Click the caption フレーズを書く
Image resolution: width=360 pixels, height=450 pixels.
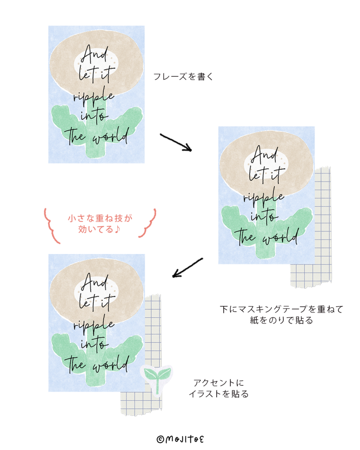click(x=183, y=76)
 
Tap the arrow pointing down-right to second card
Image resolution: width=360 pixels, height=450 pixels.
click(x=176, y=142)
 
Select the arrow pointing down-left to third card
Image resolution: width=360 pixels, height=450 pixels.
click(x=187, y=268)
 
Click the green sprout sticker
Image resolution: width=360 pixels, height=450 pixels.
click(x=157, y=379)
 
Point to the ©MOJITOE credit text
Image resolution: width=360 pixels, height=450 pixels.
click(x=180, y=439)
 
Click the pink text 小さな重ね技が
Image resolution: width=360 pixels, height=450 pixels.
click(x=100, y=218)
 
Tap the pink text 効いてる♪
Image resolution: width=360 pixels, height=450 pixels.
click(x=99, y=229)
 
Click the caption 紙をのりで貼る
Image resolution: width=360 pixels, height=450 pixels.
click(x=281, y=320)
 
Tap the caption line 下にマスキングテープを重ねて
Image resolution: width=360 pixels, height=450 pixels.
click(x=281, y=309)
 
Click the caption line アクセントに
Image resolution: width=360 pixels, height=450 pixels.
click(x=218, y=383)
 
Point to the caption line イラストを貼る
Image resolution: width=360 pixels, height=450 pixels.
click(x=218, y=394)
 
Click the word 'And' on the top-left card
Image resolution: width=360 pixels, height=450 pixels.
click(x=95, y=54)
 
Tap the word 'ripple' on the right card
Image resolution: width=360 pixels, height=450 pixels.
click(x=264, y=196)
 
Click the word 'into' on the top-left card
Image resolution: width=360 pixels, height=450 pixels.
click(x=94, y=116)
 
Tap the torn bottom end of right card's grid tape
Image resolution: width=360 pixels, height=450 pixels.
click(x=311, y=284)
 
